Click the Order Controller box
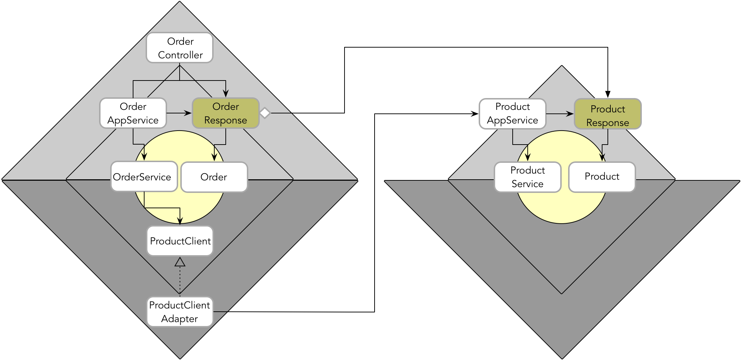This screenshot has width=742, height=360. pyautogui.click(x=180, y=48)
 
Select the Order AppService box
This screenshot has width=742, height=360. pyautogui.click(x=133, y=113)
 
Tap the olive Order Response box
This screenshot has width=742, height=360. pyautogui.click(x=225, y=113)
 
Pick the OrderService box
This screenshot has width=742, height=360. pyautogui.click(x=144, y=177)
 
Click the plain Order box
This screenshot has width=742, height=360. pyautogui.click(x=214, y=177)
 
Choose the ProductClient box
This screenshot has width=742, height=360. pyautogui.click(x=180, y=241)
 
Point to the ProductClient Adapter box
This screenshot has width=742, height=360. pyautogui.click(x=180, y=312)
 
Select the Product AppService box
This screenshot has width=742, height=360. pyautogui.click(x=512, y=113)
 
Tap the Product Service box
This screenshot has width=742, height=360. pyautogui.click(x=527, y=177)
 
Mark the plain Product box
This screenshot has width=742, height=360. pyautogui.click(x=602, y=177)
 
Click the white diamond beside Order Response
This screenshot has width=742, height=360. pyautogui.click(x=265, y=113)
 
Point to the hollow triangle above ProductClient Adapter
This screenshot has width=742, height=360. pyautogui.click(x=180, y=262)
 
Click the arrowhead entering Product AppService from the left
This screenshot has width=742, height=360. pyautogui.click(x=475, y=114)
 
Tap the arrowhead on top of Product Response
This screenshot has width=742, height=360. pyautogui.click(x=607, y=94)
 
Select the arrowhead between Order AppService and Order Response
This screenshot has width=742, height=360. pyautogui.click(x=188, y=113)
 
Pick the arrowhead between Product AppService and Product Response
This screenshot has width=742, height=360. pyautogui.click(x=570, y=114)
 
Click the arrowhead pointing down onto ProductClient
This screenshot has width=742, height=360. pyautogui.click(x=180, y=221)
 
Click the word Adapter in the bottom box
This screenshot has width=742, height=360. pyautogui.click(x=179, y=318)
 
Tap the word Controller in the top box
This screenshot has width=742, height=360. pyautogui.click(x=180, y=55)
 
